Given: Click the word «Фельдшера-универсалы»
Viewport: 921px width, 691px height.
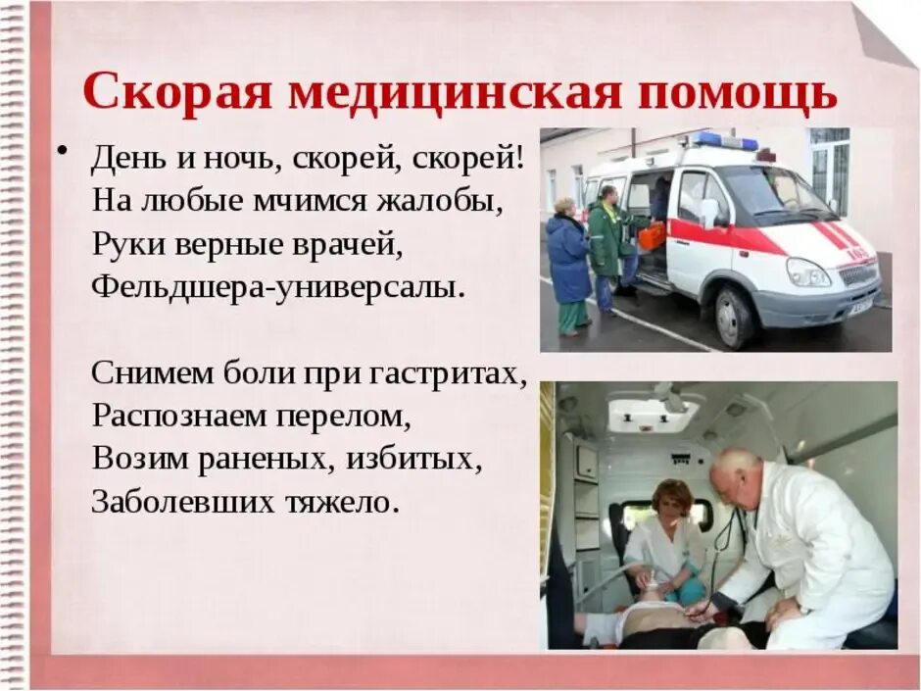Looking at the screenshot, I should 275,288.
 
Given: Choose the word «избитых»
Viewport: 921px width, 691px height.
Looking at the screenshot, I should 415,459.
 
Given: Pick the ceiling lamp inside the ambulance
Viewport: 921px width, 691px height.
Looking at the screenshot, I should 654,414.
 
